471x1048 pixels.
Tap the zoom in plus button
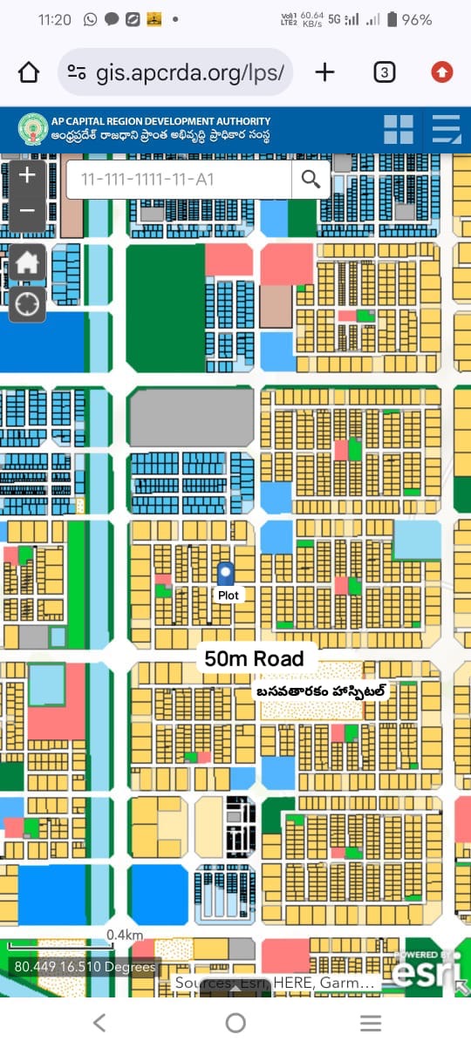(27, 175)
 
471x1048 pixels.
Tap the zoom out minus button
(27, 212)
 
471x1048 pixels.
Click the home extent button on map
(27, 262)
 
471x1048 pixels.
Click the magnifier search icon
(311, 180)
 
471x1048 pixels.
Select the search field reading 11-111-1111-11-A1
(179, 180)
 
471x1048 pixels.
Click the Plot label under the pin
(228, 595)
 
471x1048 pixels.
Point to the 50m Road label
(254, 658)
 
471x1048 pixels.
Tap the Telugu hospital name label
(321, 691)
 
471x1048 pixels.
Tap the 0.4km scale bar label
(125, 935)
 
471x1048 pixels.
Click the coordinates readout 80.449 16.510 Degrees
(85, 966)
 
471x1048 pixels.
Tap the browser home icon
(29, 72)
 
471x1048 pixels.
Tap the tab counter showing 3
(384, 72)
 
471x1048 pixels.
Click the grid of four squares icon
(399, 129)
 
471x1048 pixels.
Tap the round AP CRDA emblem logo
(33, 129)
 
